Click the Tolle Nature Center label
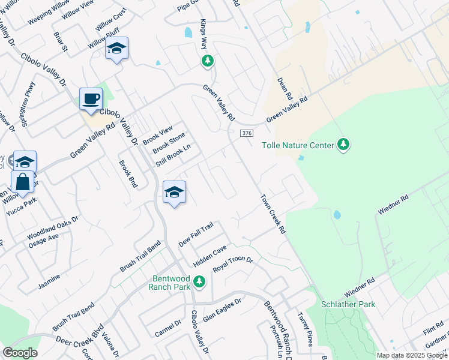coord(298,145)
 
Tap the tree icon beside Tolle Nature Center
coord(343,145)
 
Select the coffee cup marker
coord(91,99)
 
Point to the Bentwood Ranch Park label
coord(172,282)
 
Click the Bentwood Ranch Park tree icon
coord(200,281)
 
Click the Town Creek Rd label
coord(273,214)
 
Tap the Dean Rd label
coord(285,88)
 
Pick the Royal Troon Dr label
coord(234,262)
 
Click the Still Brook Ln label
coord(173,155)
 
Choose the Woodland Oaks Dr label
coord(53,228)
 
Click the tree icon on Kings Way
coord(208,61)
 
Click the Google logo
coord(19,353)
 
